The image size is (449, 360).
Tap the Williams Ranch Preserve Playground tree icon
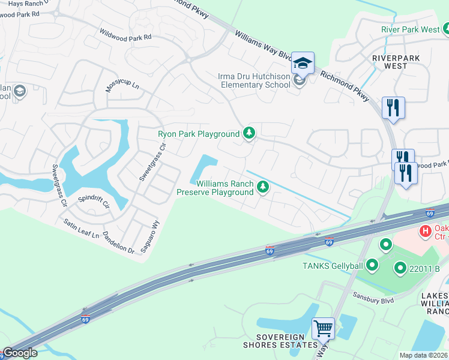[x=262, y=188]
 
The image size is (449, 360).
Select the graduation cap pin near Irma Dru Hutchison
[x=303, y=62]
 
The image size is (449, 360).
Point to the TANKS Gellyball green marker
[x=372, y=264]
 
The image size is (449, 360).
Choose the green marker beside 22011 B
[x=400, y=268]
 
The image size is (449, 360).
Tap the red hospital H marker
[x=426, y=230]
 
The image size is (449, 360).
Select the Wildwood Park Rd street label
[x=126, y=34]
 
